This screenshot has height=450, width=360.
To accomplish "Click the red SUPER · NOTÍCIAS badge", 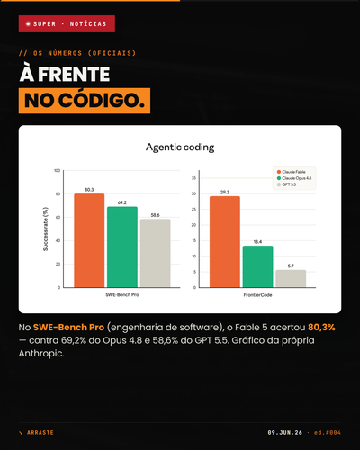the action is coord(67,23).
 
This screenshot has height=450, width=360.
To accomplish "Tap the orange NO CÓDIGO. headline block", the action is coord(85,101).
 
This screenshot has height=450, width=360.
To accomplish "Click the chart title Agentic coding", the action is coord(180,148).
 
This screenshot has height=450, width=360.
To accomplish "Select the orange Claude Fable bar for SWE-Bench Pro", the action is coord(89,240).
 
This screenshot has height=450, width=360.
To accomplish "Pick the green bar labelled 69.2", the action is coord(122,247).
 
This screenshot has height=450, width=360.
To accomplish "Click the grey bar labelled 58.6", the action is coord(156,253).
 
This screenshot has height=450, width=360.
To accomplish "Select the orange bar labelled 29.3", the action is coord(225,242).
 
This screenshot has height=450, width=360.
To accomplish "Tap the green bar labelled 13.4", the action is coord(258,266).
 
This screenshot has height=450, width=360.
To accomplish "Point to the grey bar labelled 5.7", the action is coord(291,279).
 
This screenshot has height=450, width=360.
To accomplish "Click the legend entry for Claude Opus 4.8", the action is coord(294,178).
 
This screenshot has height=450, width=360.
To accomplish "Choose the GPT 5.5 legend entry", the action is coord(286,184).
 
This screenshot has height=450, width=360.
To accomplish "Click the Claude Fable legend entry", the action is coord(292,172).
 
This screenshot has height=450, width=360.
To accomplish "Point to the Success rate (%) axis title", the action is coord(46,229).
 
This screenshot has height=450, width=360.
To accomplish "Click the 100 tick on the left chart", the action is coord(57,170).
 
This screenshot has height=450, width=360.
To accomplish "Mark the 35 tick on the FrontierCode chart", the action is coord(193,178).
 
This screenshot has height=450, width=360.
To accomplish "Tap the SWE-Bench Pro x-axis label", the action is coord(122,295).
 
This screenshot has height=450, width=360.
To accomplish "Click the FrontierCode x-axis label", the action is coord(257,295).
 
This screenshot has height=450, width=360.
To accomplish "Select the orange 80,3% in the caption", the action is coord(321,328).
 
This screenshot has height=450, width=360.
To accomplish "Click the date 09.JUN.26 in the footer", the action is coord(285,433).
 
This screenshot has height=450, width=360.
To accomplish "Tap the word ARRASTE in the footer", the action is coord(40,433).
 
